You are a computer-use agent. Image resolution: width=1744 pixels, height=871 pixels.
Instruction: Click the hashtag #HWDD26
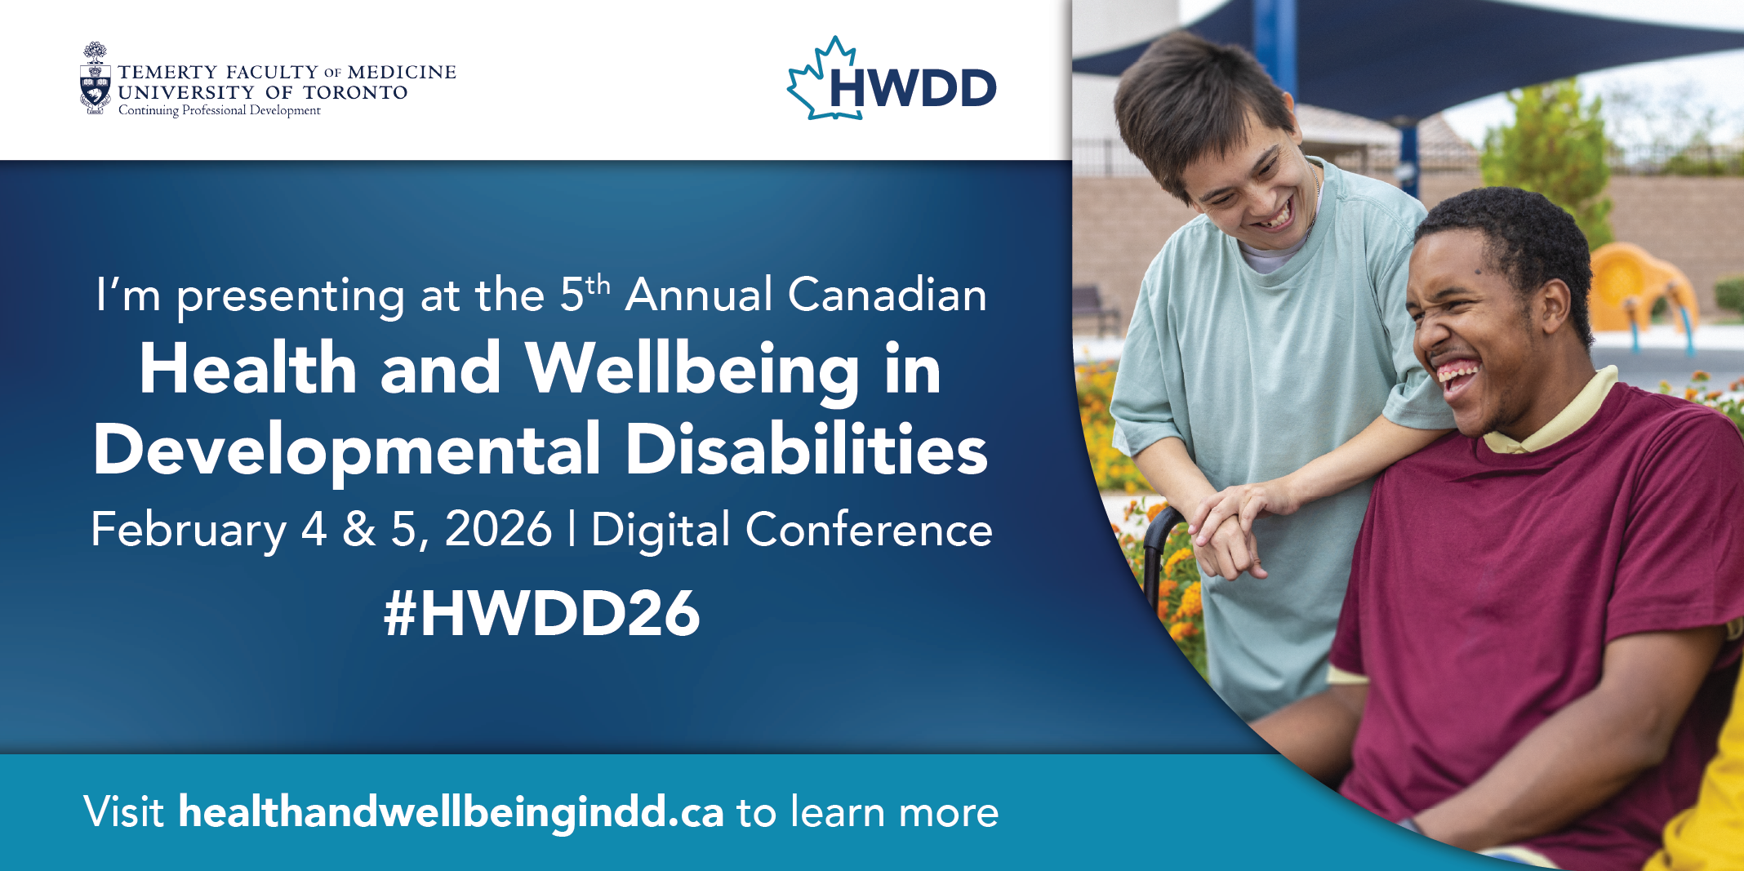542,613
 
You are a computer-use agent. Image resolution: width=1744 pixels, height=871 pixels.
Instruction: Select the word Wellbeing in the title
692,370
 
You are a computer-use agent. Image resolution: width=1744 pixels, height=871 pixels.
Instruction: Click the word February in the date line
189,531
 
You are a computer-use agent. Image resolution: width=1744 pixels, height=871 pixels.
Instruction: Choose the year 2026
498,529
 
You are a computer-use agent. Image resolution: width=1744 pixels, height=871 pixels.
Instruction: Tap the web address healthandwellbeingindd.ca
451,813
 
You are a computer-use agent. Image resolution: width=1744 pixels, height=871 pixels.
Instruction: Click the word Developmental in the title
347,451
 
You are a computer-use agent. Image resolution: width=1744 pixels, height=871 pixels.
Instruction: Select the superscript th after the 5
598,285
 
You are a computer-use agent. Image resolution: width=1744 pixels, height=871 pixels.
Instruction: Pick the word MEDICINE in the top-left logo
402,73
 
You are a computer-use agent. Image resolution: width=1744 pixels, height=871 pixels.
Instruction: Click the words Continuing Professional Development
220,110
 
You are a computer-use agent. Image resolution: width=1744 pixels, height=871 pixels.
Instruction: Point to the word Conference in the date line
869,530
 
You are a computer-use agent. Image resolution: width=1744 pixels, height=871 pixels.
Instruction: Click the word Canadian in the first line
888,295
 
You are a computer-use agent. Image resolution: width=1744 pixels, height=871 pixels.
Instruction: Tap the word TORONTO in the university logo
355,93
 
